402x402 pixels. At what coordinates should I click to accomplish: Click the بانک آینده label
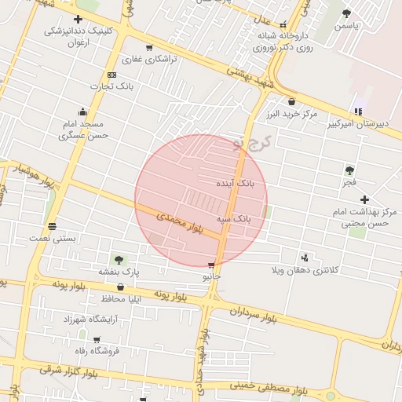coord(236,183)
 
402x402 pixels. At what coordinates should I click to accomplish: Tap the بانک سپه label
coord(234,219)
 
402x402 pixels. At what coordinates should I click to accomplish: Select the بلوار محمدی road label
coord(179,221)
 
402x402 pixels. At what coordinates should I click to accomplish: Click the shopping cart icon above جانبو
coord(211,265)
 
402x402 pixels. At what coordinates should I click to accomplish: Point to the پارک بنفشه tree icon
coord(119,259)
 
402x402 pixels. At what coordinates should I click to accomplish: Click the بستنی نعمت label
coord(53,237)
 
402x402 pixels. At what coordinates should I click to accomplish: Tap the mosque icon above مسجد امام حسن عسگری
coord(82,112)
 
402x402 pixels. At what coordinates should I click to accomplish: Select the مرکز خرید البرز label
coord(292,114)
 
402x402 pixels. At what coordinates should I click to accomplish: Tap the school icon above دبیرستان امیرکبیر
coord(360,111)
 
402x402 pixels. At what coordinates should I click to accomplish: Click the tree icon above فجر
coord(349,170)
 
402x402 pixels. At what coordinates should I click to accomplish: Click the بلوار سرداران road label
coord(254,316)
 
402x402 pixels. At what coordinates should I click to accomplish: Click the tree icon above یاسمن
coord(346,13)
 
